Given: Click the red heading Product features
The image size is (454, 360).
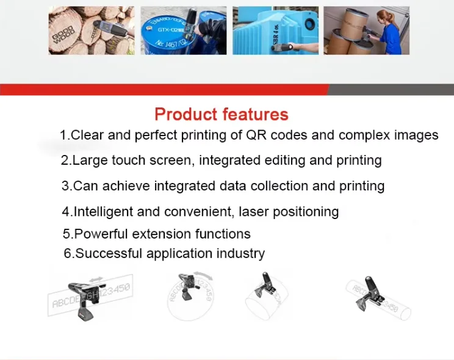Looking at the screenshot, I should point(221,114).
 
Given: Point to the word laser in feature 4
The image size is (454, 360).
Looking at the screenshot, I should point(256,212).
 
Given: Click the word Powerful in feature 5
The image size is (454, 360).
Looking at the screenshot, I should point(101,234).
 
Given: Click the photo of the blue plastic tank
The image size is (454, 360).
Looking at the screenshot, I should point(275,31).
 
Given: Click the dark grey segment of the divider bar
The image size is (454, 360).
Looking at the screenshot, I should point(391,90).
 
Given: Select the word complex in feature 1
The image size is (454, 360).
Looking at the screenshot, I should point(363,135).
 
